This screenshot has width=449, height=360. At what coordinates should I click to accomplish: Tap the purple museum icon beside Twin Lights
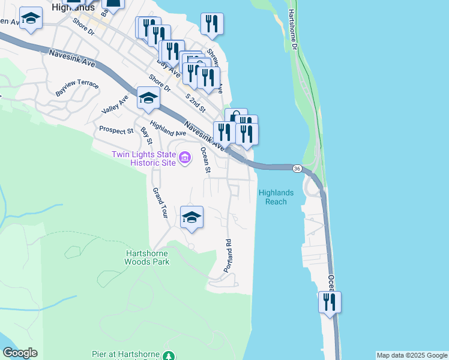point(185,158)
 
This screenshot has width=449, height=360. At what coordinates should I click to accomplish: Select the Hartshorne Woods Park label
point(147,257)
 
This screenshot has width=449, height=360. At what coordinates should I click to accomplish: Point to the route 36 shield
point(297,169)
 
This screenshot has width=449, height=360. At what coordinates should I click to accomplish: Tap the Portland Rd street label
point(228,256)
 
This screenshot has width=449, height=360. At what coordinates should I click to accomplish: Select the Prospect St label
point(116,130)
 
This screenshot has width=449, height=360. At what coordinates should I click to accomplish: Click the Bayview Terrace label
point(77,89)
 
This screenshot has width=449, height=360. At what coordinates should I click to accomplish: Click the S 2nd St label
point(195,103)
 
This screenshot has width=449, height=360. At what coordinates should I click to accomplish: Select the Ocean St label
point(205,160)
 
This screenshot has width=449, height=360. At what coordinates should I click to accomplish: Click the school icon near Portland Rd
point(191,217)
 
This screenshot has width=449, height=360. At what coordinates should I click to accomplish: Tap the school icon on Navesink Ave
point(148,98)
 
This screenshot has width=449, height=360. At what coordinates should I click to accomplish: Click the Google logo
point(19,353)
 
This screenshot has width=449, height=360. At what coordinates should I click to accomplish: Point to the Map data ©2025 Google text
point(411,355)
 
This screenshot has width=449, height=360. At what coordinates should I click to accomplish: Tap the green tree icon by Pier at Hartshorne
point(170,355)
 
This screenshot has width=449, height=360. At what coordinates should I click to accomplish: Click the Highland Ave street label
point(168,128)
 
